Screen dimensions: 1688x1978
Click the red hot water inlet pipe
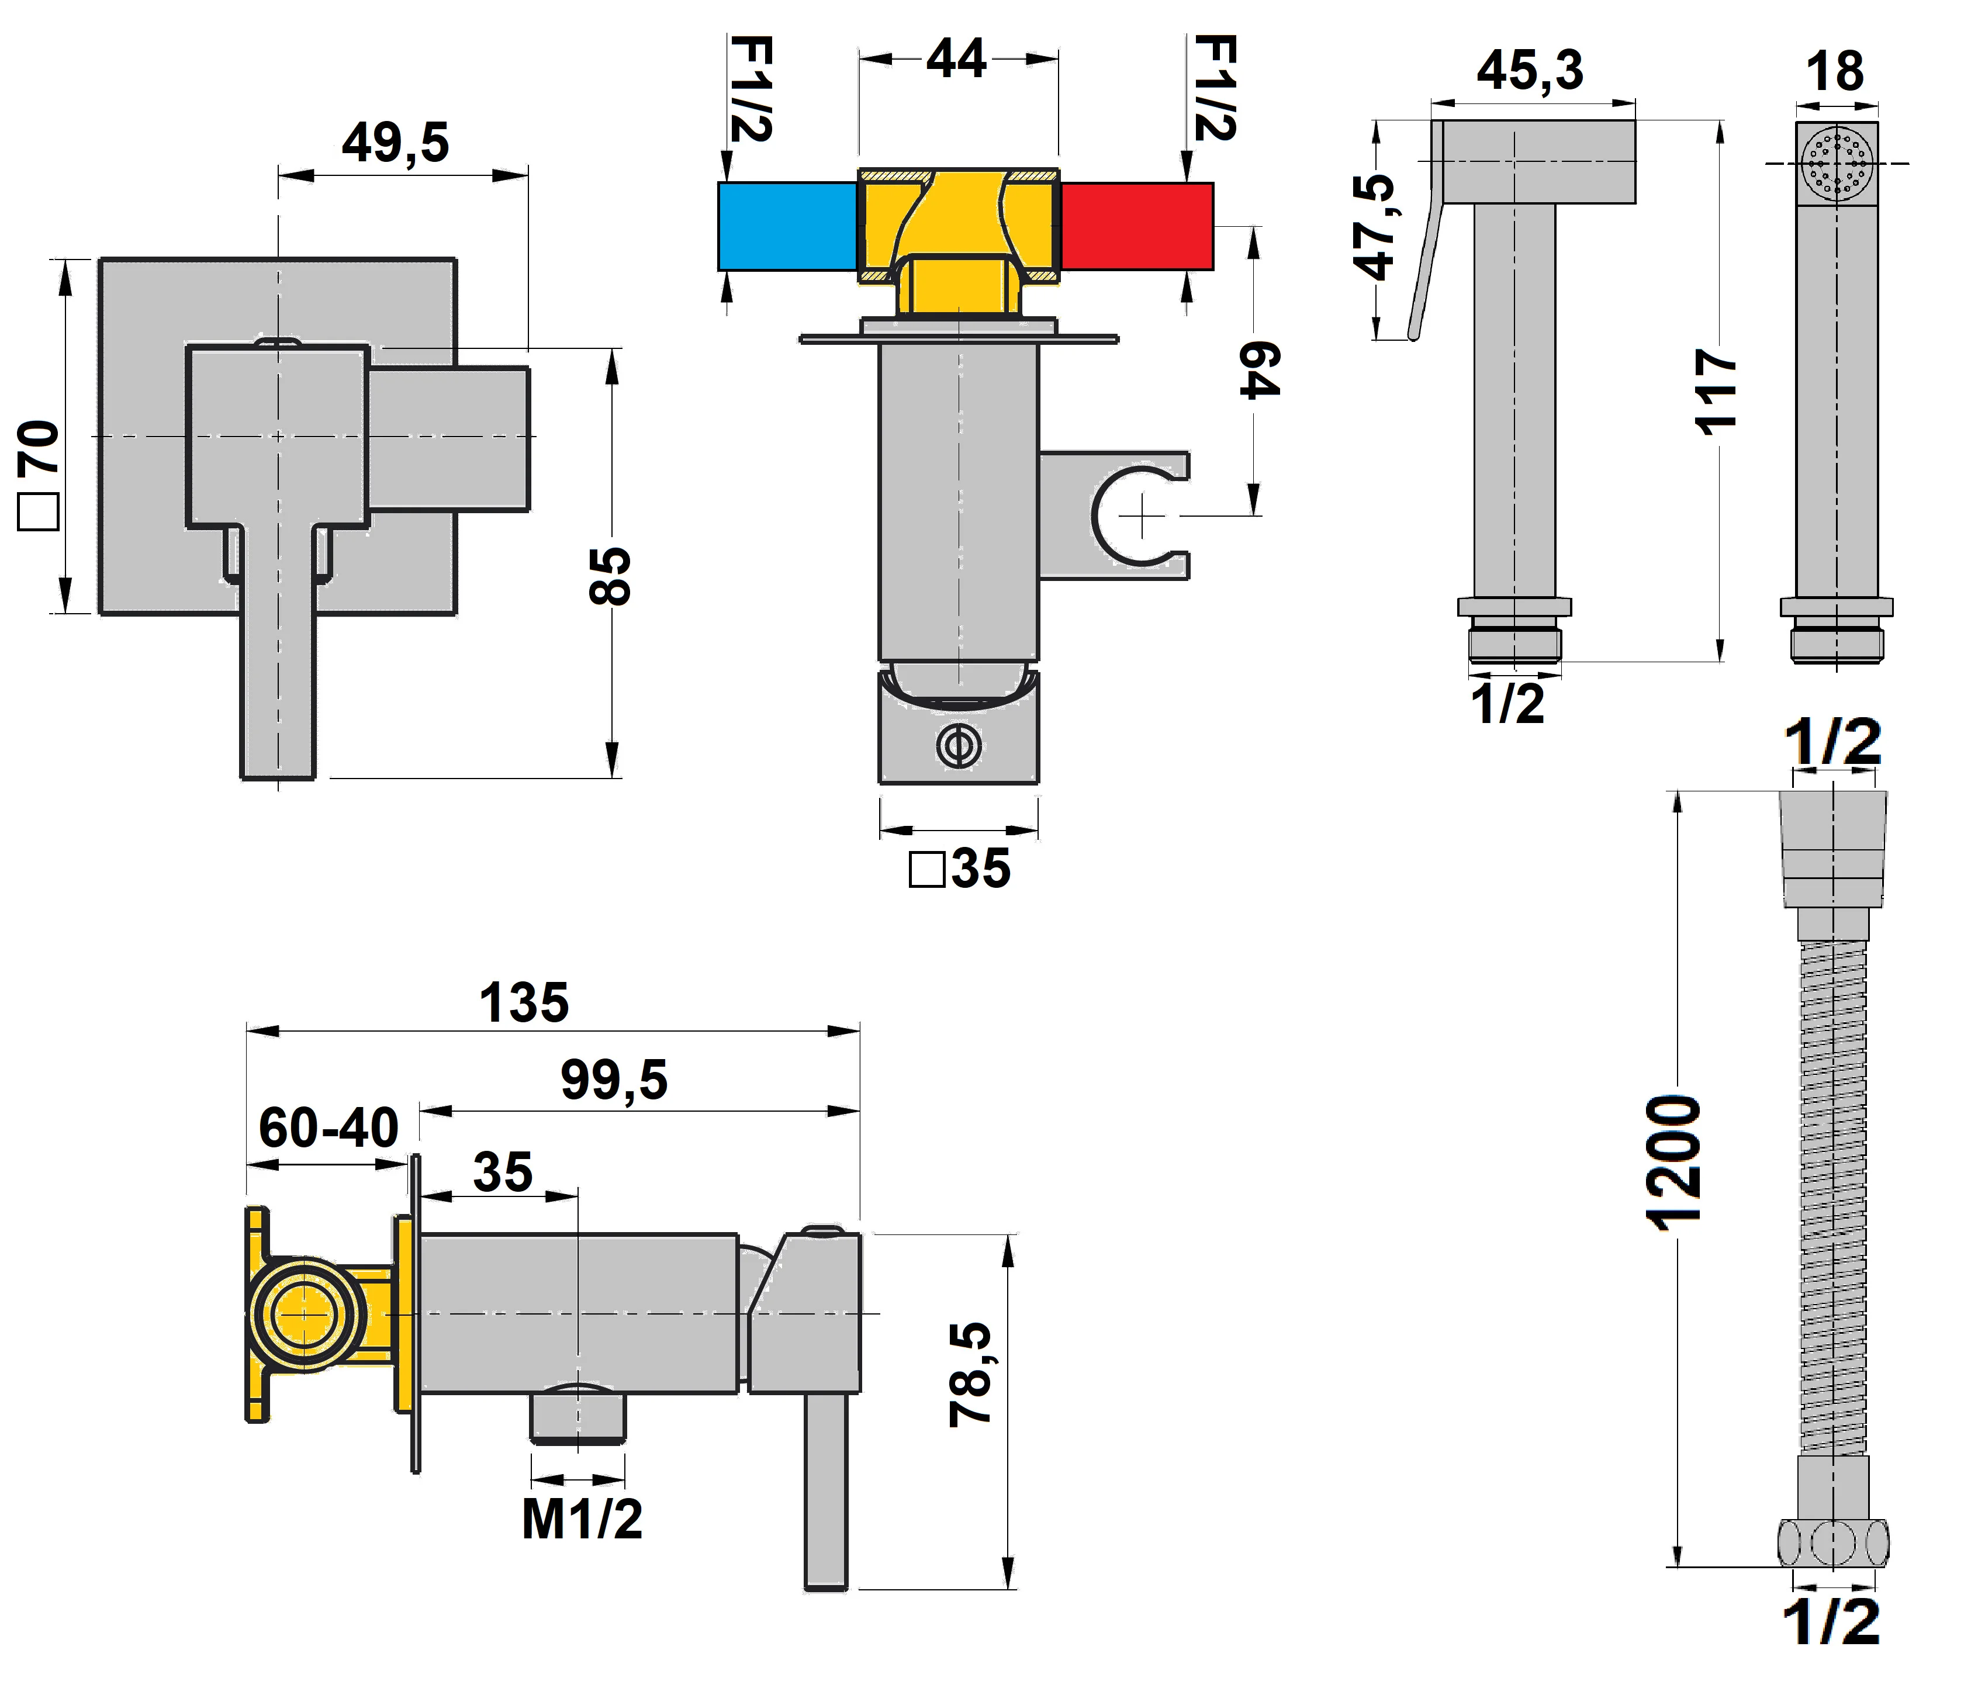point(1136,226)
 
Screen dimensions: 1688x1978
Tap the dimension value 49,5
point(395,143)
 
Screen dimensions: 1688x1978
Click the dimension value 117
point(1716,392)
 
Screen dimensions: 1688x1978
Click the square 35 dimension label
point(959,869)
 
